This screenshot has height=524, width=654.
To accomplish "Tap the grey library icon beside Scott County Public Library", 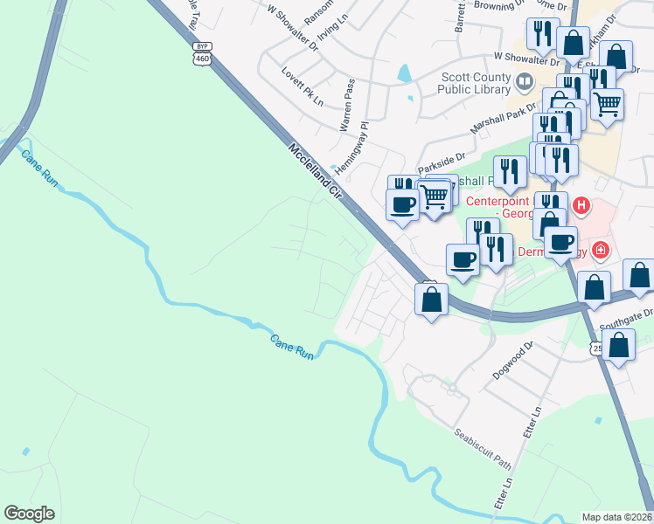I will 525,84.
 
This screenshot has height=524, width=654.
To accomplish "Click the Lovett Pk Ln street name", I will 303,82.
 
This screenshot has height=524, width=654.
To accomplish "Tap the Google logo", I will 30,513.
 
